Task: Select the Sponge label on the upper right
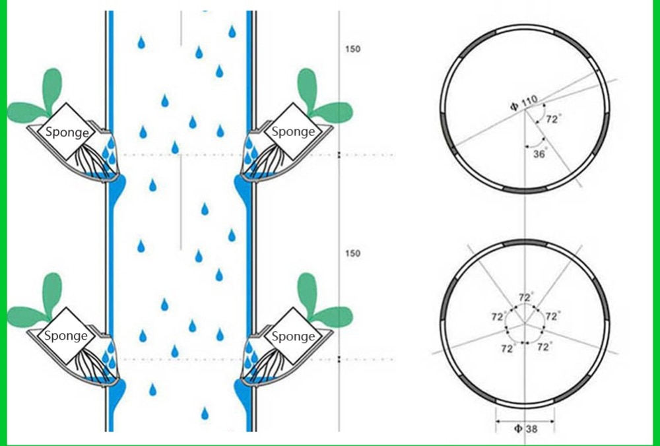[293, 131]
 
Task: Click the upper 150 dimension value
[353, 49]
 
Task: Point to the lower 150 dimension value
[353, 254]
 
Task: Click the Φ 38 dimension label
[525, 429]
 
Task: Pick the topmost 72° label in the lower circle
[525, 298]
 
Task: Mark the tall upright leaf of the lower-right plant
[306, 290]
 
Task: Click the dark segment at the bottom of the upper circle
[525, 190]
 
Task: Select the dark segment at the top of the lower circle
[525, 242]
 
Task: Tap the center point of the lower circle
[525, 324]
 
